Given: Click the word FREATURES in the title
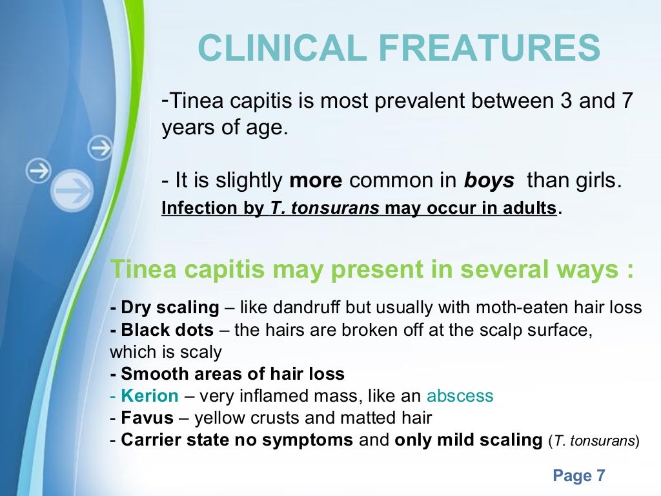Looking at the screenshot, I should pos(496,49).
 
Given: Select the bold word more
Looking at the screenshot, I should pos(316,181).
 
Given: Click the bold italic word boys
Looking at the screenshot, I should pos(489,181).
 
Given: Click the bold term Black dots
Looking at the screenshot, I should pos(167,330).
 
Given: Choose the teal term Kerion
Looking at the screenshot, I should pos(150,396).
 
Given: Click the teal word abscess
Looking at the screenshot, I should pos(460,396).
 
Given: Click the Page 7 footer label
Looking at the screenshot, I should pos(579,477).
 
